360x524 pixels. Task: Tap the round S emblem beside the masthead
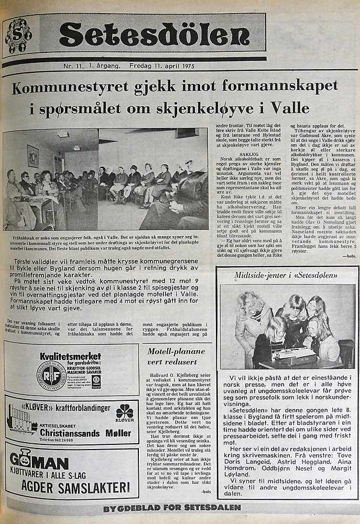pyautogui.click(x=18, y=36)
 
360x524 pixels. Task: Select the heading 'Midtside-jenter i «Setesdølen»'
pyautogui.click(x=287, y=275)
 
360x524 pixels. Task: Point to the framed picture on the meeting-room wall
pyautogui.click(x=33, y=156)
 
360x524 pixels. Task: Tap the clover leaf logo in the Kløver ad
pyautogui.click(x=125, y=411)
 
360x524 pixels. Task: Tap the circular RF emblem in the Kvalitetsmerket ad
pyautogui.click(x=51, y=376)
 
